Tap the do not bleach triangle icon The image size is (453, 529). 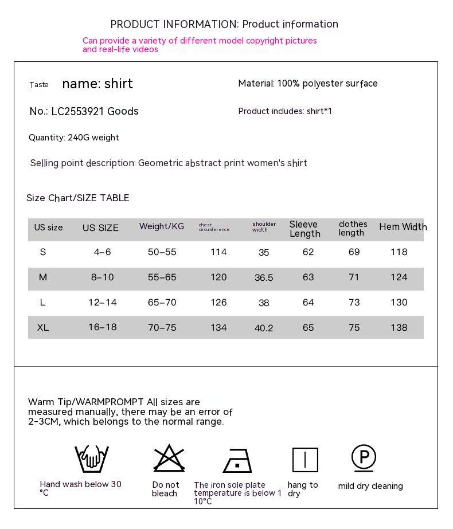pos(169,458)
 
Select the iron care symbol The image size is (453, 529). pos(237,460)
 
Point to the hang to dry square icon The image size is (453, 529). pos(305,460)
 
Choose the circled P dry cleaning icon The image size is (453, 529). pos(364,457)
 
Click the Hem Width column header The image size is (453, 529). pos(403,227)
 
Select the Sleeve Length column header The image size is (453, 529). pos(304,229)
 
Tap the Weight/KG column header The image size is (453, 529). pos(162,226)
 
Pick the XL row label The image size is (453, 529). pos(43,328)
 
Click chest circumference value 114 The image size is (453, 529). pos(218,252)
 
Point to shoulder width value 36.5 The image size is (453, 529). pos(264,278)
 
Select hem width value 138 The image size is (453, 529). pos(399,328)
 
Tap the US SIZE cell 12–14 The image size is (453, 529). pos(103,303)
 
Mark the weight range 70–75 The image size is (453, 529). pos(162,328)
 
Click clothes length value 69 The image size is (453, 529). pos(354,252)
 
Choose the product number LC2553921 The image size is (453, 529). pos(77,111)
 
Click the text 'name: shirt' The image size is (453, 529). pos(97,84)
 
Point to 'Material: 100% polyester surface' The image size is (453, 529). pos(308,84)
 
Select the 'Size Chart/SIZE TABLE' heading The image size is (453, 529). pos(78,198)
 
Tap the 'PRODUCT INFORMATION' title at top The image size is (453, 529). pos(174,24)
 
